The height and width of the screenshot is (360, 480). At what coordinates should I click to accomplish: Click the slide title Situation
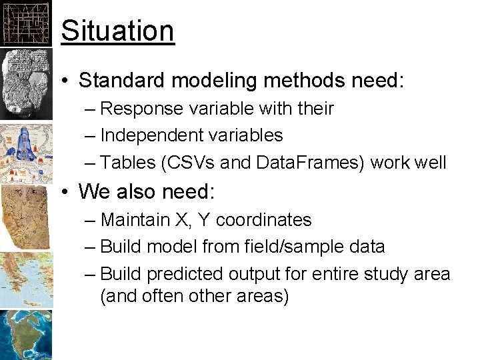pos(117,31)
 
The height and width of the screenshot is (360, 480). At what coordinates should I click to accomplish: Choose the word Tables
pos(127,163)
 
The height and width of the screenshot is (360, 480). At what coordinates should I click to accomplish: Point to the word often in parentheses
pos(159,296)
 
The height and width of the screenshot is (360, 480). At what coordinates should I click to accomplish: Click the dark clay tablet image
pos(25,83)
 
